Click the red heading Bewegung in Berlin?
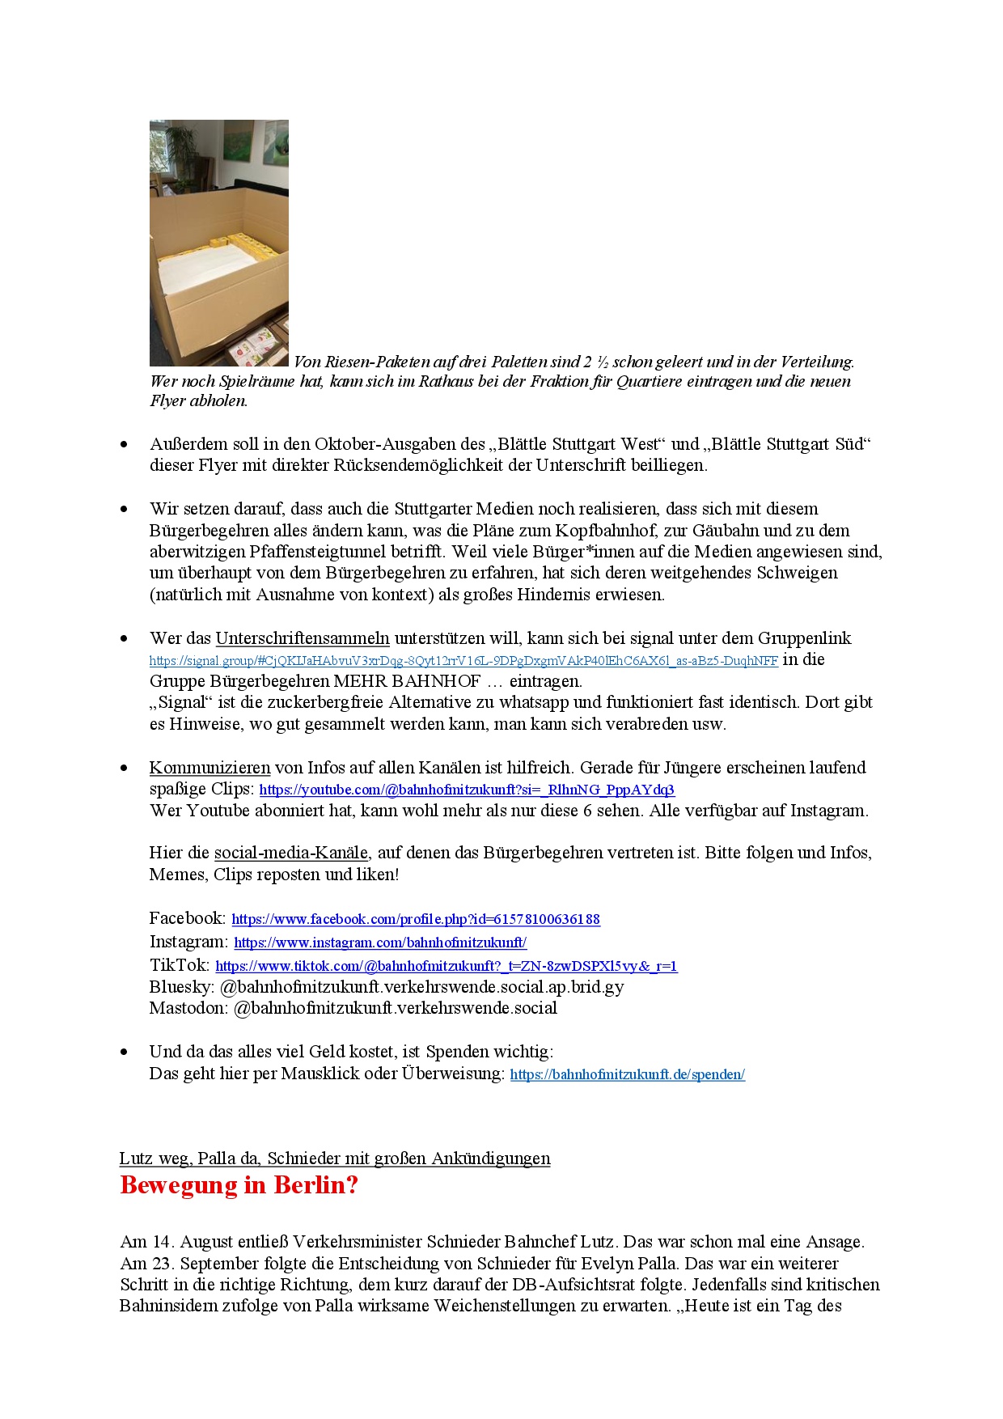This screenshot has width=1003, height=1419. [239, 1185]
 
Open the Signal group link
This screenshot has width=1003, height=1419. [463, 661]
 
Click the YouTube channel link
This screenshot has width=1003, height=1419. [467, 790]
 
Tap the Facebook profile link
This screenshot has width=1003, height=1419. [416, 919]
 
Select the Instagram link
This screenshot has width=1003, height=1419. [380, 942]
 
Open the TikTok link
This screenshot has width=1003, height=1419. [446, 966]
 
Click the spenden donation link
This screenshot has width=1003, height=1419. [627, 1074]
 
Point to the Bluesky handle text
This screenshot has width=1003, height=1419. [421, 987]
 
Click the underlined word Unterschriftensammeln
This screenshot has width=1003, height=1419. [303, 638]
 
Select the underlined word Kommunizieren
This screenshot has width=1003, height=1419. [209, 768]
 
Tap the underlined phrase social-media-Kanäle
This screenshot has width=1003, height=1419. [290, 853]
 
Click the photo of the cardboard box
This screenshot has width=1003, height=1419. [218, 243]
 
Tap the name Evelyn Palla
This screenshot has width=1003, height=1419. [785, 1263]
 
